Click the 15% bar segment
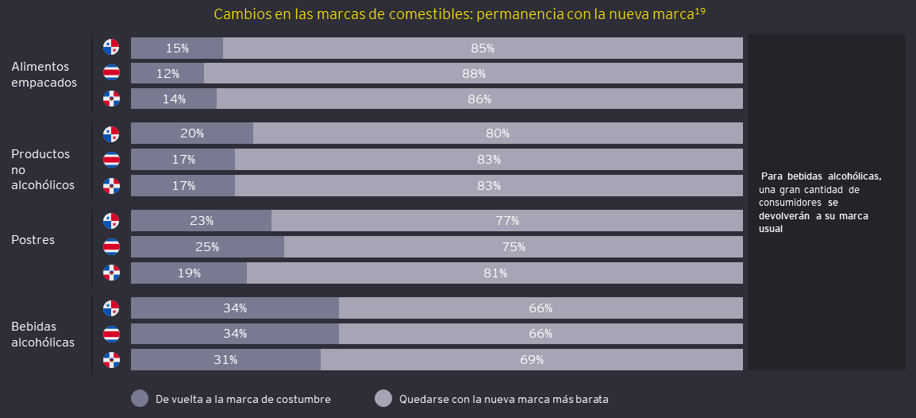point(176,48)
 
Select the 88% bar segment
point(473,73)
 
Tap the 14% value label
point(174,99)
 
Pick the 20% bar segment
point(191,133)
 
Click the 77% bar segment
point(506,220)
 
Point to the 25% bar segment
point(207,246)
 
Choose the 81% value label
point(495,273)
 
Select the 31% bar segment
point(225,359)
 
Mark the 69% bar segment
point(531,359)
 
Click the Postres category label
point(33,239)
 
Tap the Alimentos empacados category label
point(44,74)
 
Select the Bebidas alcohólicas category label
point(43,335)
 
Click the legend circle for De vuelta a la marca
point(140,398)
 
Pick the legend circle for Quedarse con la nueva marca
point(383,398)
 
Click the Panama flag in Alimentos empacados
point(111,47)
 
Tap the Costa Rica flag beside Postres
point(111,246)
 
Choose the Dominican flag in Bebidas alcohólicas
point(111,360)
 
